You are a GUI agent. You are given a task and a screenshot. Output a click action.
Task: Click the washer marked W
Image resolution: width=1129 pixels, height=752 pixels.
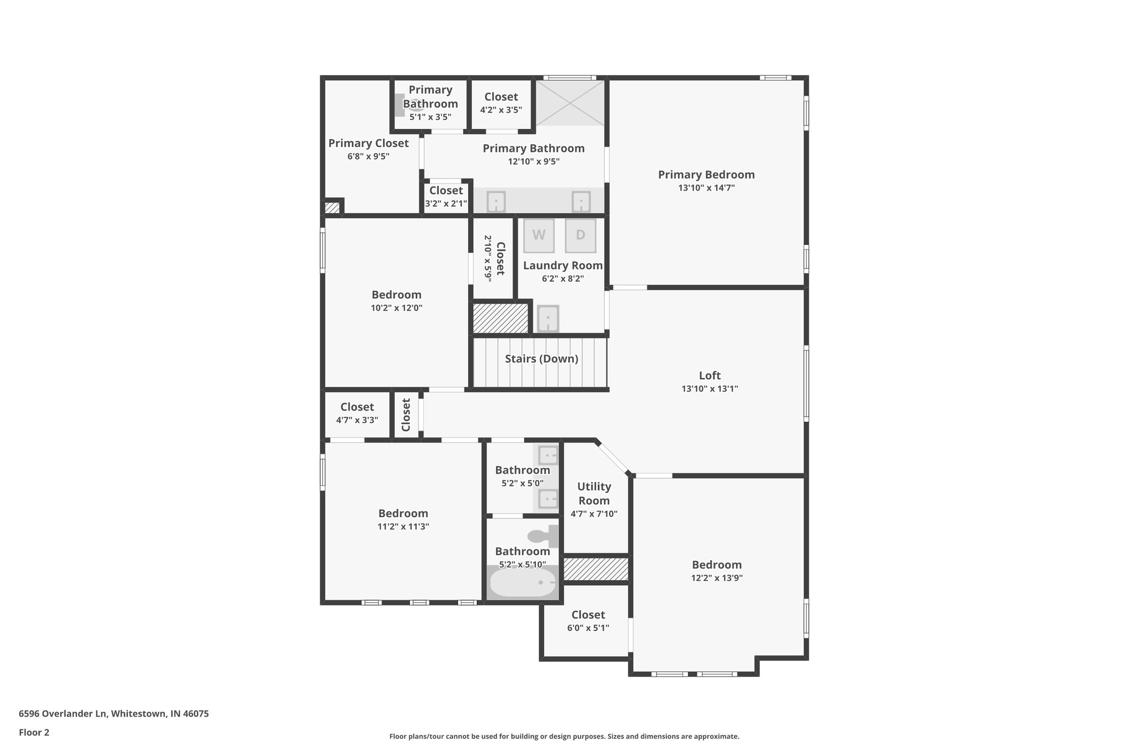coord(539,235)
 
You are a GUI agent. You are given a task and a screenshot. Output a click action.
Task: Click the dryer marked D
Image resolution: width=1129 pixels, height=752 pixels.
coord(580,235)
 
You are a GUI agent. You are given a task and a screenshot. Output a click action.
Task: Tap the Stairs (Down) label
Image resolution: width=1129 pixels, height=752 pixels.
coord(541,359)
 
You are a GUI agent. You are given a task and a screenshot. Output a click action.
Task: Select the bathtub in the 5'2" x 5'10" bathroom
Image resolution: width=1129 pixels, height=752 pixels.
coord(523,583)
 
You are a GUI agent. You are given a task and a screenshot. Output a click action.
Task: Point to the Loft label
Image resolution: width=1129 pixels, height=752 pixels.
coord(709,376)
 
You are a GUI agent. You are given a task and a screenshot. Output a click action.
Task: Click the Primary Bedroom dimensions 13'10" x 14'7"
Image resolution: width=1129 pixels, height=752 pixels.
coord(706,188)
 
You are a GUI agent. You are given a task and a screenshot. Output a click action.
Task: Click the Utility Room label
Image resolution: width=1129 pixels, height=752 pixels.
coord(594,494)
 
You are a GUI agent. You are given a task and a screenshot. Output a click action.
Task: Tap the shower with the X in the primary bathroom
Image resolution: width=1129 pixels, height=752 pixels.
coord(571,103)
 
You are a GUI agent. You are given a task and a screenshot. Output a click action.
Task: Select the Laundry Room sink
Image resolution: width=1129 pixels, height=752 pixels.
coord(548,318)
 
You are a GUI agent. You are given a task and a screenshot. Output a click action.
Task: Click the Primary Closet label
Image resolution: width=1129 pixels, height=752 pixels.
coord(368,143)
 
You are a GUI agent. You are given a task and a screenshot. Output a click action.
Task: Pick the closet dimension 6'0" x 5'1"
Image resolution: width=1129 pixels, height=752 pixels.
coord(588,628)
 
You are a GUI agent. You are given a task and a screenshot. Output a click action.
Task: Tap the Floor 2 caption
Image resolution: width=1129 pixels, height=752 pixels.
coord(34,732)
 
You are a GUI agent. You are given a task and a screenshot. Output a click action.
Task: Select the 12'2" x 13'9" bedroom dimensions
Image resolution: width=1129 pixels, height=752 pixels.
coord(717,578)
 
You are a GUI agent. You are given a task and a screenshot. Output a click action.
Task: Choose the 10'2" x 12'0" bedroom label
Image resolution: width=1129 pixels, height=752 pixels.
coord(396,295)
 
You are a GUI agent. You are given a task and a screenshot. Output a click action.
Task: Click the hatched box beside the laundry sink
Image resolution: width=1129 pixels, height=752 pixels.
coord(501,318)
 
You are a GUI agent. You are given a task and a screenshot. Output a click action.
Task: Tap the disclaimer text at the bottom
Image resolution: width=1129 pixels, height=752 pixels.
coord(564,736)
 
